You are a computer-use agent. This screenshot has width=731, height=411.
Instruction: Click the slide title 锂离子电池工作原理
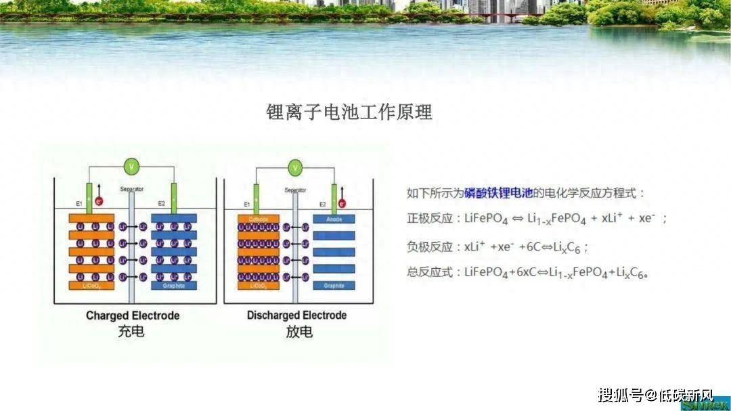349,112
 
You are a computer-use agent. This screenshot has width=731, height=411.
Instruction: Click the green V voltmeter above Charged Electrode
133,165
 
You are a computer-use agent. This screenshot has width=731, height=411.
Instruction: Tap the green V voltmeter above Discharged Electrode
295,167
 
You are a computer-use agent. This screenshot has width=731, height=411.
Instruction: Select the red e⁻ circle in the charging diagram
99,201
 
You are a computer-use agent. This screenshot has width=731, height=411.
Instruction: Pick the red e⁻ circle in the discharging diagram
342,202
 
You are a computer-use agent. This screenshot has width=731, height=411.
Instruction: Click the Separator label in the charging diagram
131,189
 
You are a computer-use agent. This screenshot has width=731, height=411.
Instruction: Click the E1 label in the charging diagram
79,203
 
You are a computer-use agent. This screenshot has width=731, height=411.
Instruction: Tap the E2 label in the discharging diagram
323,204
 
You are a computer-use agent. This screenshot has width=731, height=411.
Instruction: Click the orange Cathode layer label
259,219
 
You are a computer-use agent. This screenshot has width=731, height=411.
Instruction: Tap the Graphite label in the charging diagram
173,286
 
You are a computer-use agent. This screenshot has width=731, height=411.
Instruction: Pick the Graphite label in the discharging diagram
334,286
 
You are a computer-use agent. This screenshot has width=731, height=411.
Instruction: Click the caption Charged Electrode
133,316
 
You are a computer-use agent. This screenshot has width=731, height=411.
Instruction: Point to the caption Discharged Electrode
296,316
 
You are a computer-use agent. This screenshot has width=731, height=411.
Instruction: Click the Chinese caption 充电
131,332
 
